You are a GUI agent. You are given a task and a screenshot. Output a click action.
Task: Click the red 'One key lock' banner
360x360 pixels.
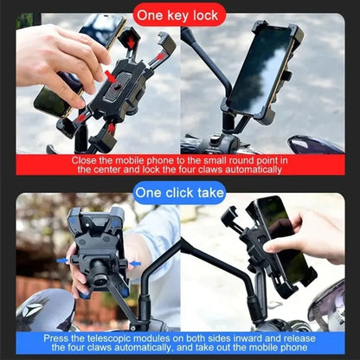179,15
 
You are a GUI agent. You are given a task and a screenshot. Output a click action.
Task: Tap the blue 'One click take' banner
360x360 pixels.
179,192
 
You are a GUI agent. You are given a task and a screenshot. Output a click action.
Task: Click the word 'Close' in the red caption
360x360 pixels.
87,159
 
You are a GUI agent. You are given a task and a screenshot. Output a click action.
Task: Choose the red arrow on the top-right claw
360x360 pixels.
159,55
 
